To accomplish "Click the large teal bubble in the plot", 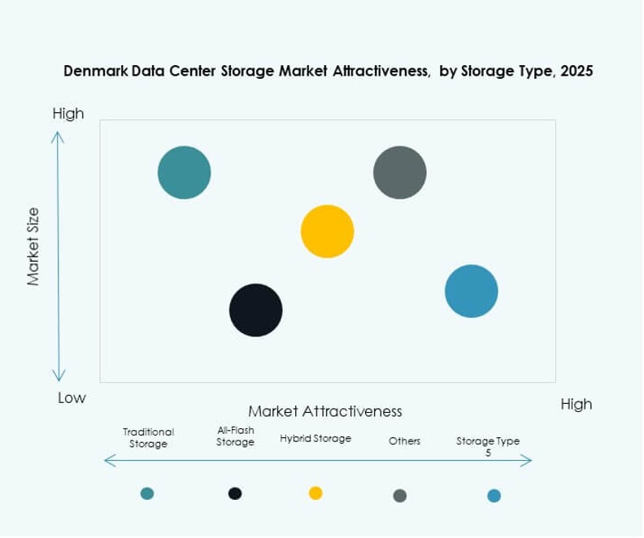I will pos(185,172).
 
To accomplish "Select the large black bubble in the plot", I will pos(255,310).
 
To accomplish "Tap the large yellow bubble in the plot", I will pos(327,232).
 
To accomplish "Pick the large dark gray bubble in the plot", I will pos(399,172).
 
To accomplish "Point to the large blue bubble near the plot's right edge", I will pos(472,291).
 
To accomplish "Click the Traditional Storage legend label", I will pos(148,438).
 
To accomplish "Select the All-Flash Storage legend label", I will pos(235,436).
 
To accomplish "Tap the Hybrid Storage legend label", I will pos(315,439).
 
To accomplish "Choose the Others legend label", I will pos(404,441).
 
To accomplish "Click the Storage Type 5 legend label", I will pos(488,445).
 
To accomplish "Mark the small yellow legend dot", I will pos(315,492).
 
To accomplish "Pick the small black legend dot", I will pos(235,492).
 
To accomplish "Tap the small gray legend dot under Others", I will pos(399,495).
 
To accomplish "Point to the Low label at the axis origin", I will pos(72,398).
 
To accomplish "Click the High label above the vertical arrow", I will pos(68,114).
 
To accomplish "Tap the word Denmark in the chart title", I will pos(97,71).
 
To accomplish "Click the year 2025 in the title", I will pos(576,71).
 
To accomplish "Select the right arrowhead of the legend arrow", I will pos(528,462).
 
